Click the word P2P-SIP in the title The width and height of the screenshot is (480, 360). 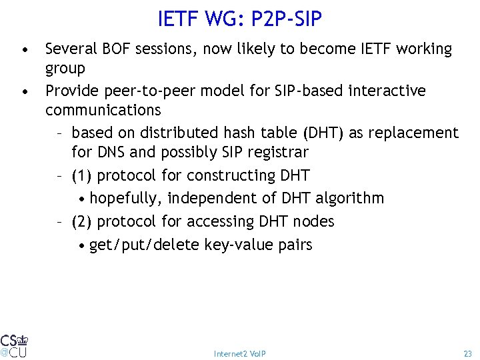[286, 19]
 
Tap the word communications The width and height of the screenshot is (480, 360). [103, 109]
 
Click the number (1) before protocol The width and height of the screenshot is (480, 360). [83, 176]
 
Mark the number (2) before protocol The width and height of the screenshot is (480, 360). [83, 221]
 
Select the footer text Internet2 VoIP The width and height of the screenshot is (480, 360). [240, 353]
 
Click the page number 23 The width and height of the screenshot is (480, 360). [467, 353]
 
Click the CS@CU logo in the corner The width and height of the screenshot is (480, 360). [14, 345]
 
